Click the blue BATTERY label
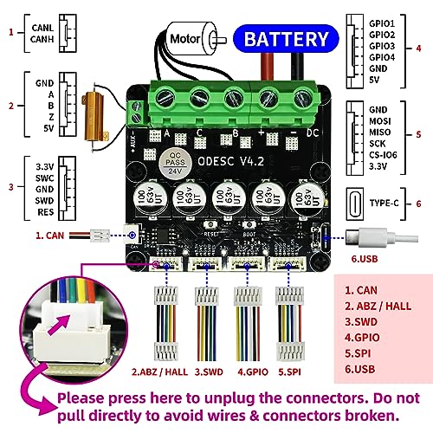click(287, 39)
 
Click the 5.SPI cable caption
click(290, 372)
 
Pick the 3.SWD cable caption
click(210, 372)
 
